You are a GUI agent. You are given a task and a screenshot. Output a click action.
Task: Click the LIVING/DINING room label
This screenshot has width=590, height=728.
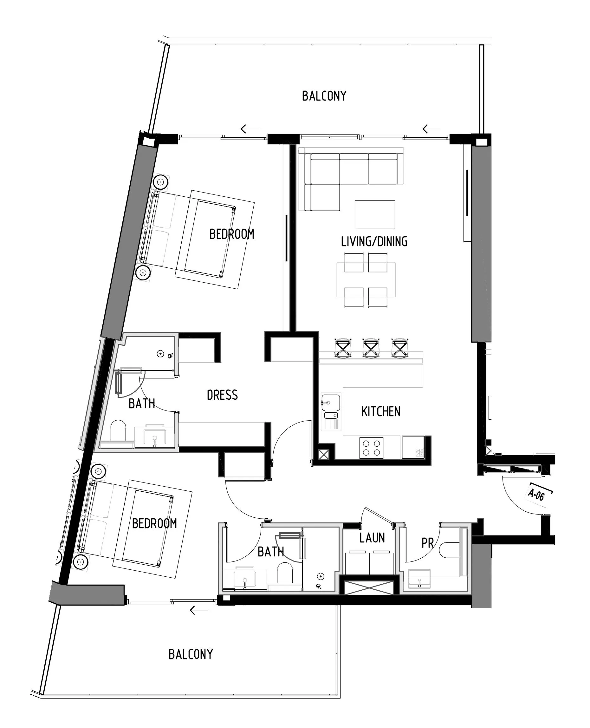374,241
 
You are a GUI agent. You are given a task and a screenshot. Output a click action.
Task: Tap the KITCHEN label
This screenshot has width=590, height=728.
381,411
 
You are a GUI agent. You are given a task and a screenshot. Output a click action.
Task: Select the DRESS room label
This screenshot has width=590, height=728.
222,395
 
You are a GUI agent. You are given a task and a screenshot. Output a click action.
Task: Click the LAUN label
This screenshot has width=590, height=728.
372,538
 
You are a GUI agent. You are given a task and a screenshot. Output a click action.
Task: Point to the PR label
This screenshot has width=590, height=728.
428,543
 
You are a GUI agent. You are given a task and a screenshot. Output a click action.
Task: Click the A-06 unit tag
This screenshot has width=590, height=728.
536,495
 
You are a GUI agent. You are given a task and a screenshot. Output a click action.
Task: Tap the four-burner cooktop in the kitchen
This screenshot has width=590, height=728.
371,448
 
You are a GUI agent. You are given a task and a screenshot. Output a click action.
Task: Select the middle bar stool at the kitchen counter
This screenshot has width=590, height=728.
371,348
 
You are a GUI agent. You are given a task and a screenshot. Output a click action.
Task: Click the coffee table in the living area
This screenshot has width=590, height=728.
374,214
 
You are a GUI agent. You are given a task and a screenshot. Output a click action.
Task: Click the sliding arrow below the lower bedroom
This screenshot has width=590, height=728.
199,610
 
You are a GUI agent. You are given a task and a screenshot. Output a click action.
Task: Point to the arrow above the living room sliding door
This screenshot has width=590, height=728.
431,129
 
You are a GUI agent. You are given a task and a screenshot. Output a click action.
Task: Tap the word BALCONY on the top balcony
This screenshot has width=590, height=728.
324,96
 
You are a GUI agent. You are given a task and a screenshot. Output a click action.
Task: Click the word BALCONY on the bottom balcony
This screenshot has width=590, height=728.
191,654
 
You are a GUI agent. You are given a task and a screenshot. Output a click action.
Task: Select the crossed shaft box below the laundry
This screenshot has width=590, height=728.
369,587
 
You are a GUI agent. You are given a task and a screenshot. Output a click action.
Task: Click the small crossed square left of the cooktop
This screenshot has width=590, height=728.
324,455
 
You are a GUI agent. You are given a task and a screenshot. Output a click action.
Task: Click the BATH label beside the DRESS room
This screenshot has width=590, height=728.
141,403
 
